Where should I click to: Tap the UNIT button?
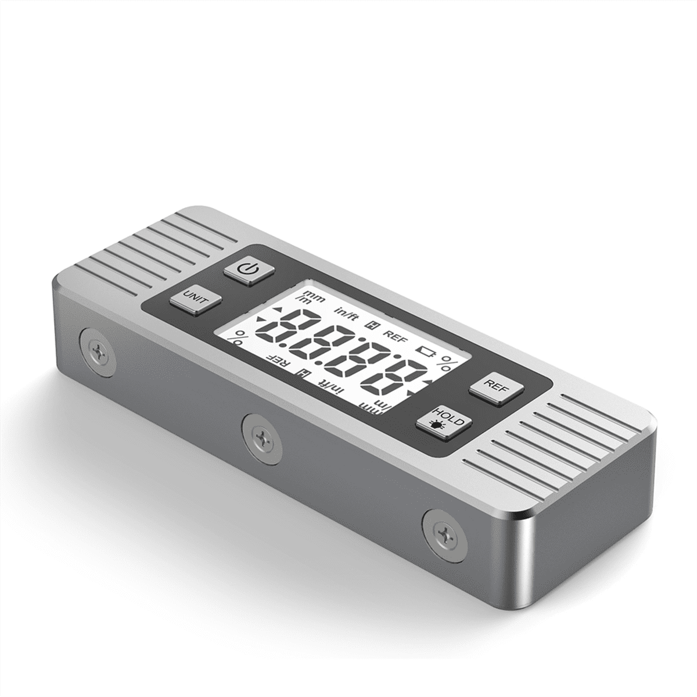[x=195, y=300]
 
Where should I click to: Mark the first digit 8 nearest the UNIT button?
[x=290, y=330]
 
